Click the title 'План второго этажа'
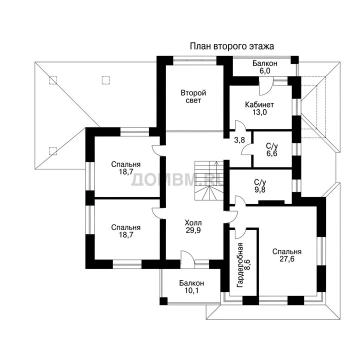point(232,46)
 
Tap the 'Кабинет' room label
point(259,104)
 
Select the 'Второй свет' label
point(193,96)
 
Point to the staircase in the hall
point(209,180)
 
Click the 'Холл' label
point(193,222)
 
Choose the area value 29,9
point(193,230)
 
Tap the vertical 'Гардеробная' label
point(240,265)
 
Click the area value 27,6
point(287,259)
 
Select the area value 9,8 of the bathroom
point(260,189)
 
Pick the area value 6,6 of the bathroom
point(272,153)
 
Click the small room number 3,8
point(239,140)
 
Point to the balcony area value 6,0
point(265,71)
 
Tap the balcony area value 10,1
point(191,290)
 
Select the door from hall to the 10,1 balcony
point(187,259)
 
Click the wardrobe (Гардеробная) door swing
point(240,233)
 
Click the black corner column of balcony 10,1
point(163,301)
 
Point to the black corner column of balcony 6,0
point(295,60)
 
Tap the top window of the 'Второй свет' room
point(194,60)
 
